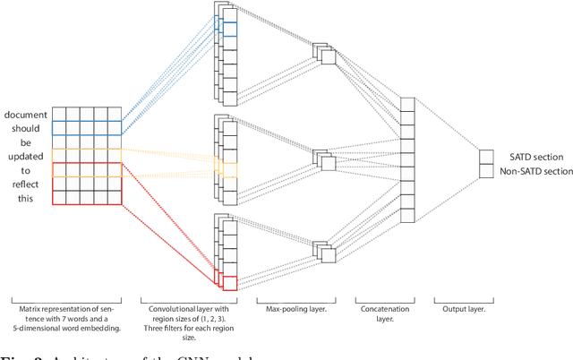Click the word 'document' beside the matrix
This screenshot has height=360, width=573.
(26, 115)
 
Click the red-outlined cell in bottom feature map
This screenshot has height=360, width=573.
(230, 284)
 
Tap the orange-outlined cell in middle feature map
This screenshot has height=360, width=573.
(230, 169)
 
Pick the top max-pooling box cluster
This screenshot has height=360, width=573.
(323, 54)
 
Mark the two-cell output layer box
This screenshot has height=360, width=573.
(486, 164)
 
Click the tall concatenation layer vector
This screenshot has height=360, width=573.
(408, 159)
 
